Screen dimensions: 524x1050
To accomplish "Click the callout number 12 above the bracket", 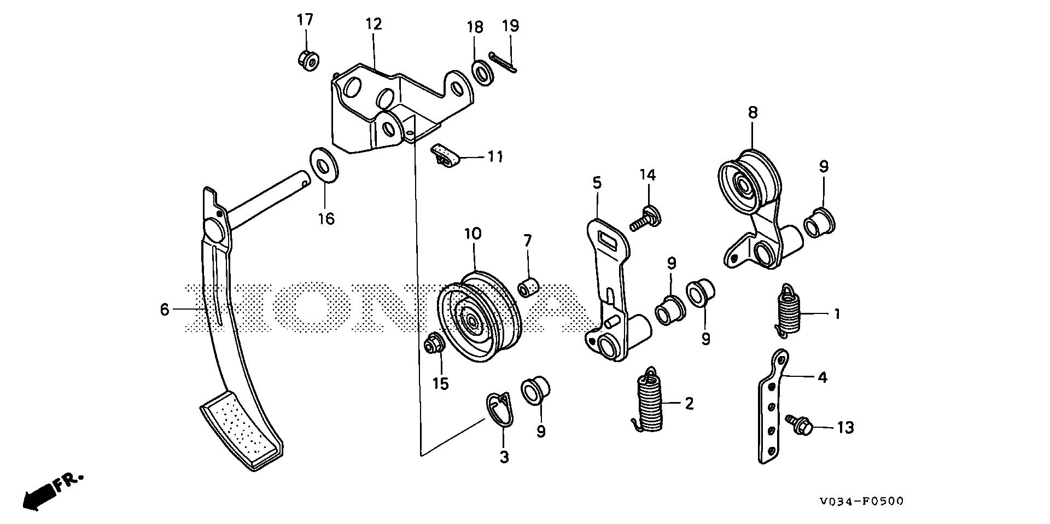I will pos(374,24).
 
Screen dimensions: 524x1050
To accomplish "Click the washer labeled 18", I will pos(482,73).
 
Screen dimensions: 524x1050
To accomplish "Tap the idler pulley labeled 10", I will pos(480,317).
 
